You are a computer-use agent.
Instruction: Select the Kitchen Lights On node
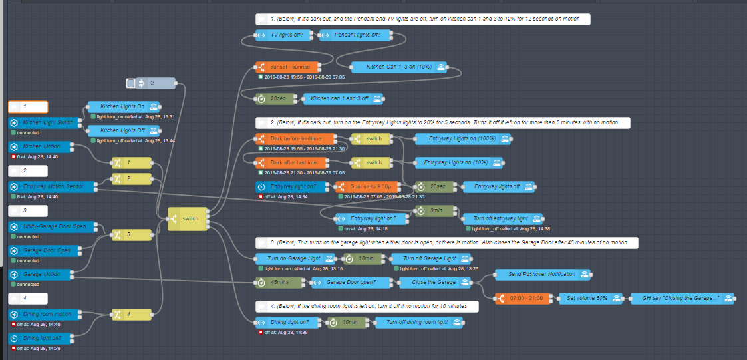pos(123,106)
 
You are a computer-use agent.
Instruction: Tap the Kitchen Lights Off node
pos(123,130)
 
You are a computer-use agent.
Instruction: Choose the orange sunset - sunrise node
pos(287,67)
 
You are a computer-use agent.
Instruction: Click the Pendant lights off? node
pos(353,35)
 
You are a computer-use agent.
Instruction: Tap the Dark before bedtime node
pos(295,138)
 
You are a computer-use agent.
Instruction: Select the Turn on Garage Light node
pos(293,258)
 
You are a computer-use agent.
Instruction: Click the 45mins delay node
pos(277,282)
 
